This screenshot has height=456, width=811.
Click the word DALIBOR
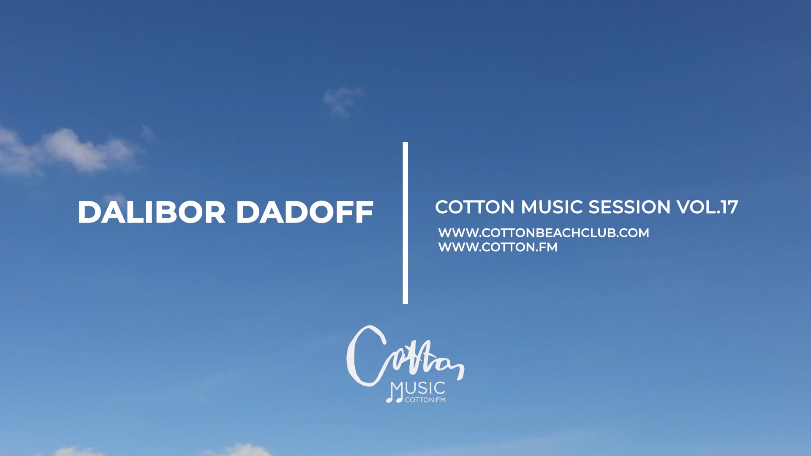[151, 212]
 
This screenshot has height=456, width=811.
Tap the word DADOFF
[305, 212]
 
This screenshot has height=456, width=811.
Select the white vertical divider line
[405, 223]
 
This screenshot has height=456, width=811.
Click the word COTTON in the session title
[475, 207]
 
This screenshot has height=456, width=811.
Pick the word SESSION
[629, 207]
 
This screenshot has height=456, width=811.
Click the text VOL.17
[708, 207]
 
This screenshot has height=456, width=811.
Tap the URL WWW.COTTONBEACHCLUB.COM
[544, 233]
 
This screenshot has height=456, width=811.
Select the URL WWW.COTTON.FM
[498, 247]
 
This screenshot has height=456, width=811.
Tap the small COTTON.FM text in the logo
[425, 400]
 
